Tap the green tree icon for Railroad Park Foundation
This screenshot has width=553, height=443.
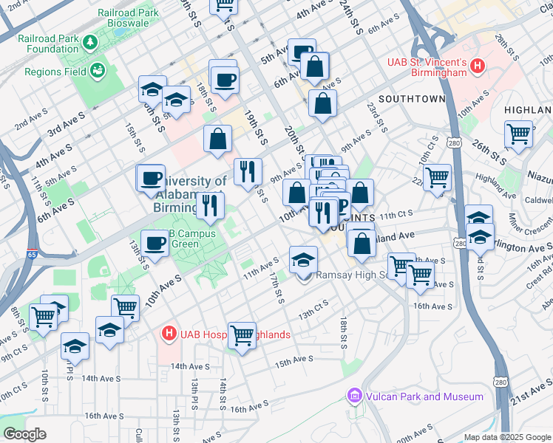pos(90,43)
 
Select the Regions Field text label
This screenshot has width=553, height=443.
pos(55,72)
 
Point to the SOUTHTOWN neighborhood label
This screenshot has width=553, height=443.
pos(412,98)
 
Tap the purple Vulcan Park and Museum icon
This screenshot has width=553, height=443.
pos(356,396)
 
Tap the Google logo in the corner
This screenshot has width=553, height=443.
pos(24,434)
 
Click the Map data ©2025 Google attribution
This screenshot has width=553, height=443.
pos(507,437)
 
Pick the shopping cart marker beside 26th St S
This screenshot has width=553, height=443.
pos(519,134)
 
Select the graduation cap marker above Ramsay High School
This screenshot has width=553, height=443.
pos(303,259)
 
